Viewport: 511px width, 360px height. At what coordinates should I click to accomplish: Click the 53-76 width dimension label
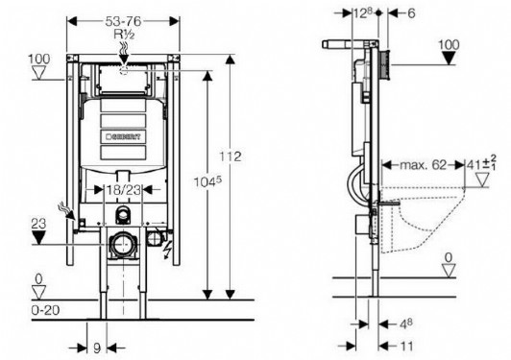click(123, 21)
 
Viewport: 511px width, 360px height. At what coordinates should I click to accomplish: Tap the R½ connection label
click(124, 34)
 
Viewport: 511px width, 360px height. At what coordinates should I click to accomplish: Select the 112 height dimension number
click(231, 156)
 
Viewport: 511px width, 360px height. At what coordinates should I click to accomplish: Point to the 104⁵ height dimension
click(207, 181)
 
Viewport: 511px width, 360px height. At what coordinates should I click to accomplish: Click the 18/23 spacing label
click(124, 190)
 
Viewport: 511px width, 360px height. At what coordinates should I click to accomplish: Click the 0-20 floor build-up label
click(46, 310)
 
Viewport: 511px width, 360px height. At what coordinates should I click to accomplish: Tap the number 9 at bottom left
click(97, 348)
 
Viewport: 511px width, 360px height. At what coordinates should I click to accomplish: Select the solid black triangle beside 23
click(38, 237)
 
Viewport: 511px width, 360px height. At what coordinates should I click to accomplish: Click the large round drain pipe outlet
click(123, 245)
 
